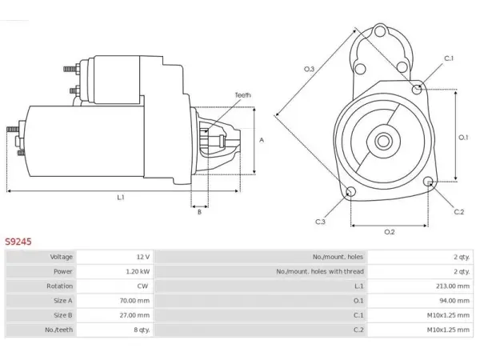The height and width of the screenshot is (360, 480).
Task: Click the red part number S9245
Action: pos(18,242)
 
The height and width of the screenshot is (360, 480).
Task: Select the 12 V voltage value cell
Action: pos(143,257)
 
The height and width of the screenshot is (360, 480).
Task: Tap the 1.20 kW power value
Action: pos(138,271)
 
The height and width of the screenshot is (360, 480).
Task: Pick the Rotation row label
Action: pos(60,286)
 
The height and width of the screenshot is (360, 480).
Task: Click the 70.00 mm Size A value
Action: pos(134,301)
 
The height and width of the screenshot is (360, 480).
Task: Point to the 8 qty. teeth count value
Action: pos(142,330)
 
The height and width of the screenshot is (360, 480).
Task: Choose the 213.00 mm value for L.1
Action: pos(453,286)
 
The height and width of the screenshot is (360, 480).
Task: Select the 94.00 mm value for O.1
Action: pos(454,301)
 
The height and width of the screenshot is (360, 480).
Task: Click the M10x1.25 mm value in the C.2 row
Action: pos(449,330)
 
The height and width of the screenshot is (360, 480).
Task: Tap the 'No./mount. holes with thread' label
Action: pos(320,271)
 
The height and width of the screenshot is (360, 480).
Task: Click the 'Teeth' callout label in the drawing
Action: pos(242,95)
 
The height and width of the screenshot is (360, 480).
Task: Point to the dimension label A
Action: pos(262,140)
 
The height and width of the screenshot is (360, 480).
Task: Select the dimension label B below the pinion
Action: pos(199,211)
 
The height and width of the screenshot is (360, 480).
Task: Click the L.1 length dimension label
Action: pos(121,198)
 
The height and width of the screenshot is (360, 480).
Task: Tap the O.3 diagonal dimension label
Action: pos(309,69)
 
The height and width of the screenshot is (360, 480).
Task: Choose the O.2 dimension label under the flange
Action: pos(390,232)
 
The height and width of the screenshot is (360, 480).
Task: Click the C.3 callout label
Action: pos(320,222)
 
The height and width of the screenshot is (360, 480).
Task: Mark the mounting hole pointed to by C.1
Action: pos(416,89)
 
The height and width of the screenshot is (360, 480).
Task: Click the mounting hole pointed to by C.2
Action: pos(428,182)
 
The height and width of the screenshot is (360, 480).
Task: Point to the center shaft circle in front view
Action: pos(383,142)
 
